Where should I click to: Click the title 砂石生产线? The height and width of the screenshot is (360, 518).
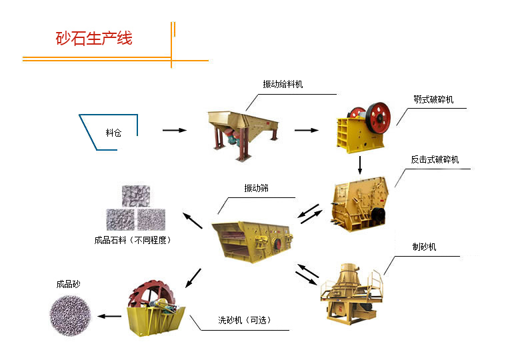[x=94, y=37]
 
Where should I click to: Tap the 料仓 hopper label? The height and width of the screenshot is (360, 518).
[x=113, y=132]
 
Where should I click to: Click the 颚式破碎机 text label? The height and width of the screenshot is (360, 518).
[x=433, y=100]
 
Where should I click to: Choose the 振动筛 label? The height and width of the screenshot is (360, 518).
[x=256, y=189]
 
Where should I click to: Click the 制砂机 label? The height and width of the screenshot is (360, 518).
[x=424, y=247]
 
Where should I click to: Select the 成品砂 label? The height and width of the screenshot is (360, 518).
[x=69, y=285]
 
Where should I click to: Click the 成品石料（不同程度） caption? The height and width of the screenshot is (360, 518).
[x=133, y=240]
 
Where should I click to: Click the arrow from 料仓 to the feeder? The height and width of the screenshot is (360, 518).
[x=175, y=131]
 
